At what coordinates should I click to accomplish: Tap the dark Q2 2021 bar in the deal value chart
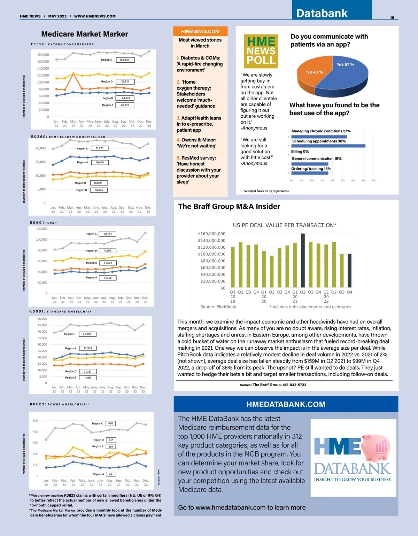[x=303, y=261]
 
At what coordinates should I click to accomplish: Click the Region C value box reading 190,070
[x=125, y=60]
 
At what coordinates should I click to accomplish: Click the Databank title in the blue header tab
[x=322, y=13]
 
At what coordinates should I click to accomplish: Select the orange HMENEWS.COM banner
[x=200, y=31]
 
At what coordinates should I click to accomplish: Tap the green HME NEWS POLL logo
[x=261, y=51]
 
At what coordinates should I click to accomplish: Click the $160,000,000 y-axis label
[x=211, y=234]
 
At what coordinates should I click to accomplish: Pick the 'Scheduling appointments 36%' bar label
[x=319, y=141]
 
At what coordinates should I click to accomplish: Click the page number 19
[x=392, y=17]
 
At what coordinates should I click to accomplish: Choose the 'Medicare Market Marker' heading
[x=85, y=34]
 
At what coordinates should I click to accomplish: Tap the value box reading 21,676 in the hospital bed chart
[x=100, y=148]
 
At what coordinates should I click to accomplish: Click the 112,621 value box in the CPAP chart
[x=108, y=234]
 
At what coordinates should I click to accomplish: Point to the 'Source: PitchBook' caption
[x=218, y=307]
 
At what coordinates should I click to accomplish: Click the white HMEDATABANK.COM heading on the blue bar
[x=286, y=404]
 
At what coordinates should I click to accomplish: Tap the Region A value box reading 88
[x=110, y=474]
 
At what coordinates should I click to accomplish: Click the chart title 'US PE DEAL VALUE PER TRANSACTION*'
[x=285, y=225]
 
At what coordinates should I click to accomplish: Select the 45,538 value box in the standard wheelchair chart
[x=87, y=334]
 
